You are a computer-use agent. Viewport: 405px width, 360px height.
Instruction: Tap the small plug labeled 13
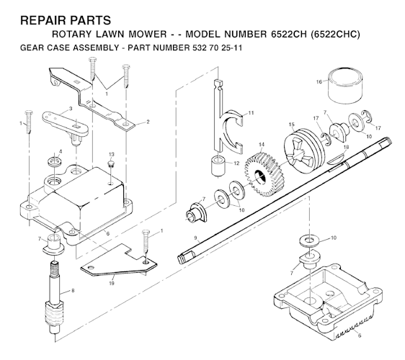pos(110,165)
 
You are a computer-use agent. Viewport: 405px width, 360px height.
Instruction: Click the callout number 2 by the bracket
pos(148,122)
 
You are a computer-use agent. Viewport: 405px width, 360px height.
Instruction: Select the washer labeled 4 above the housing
pos(52,158)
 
